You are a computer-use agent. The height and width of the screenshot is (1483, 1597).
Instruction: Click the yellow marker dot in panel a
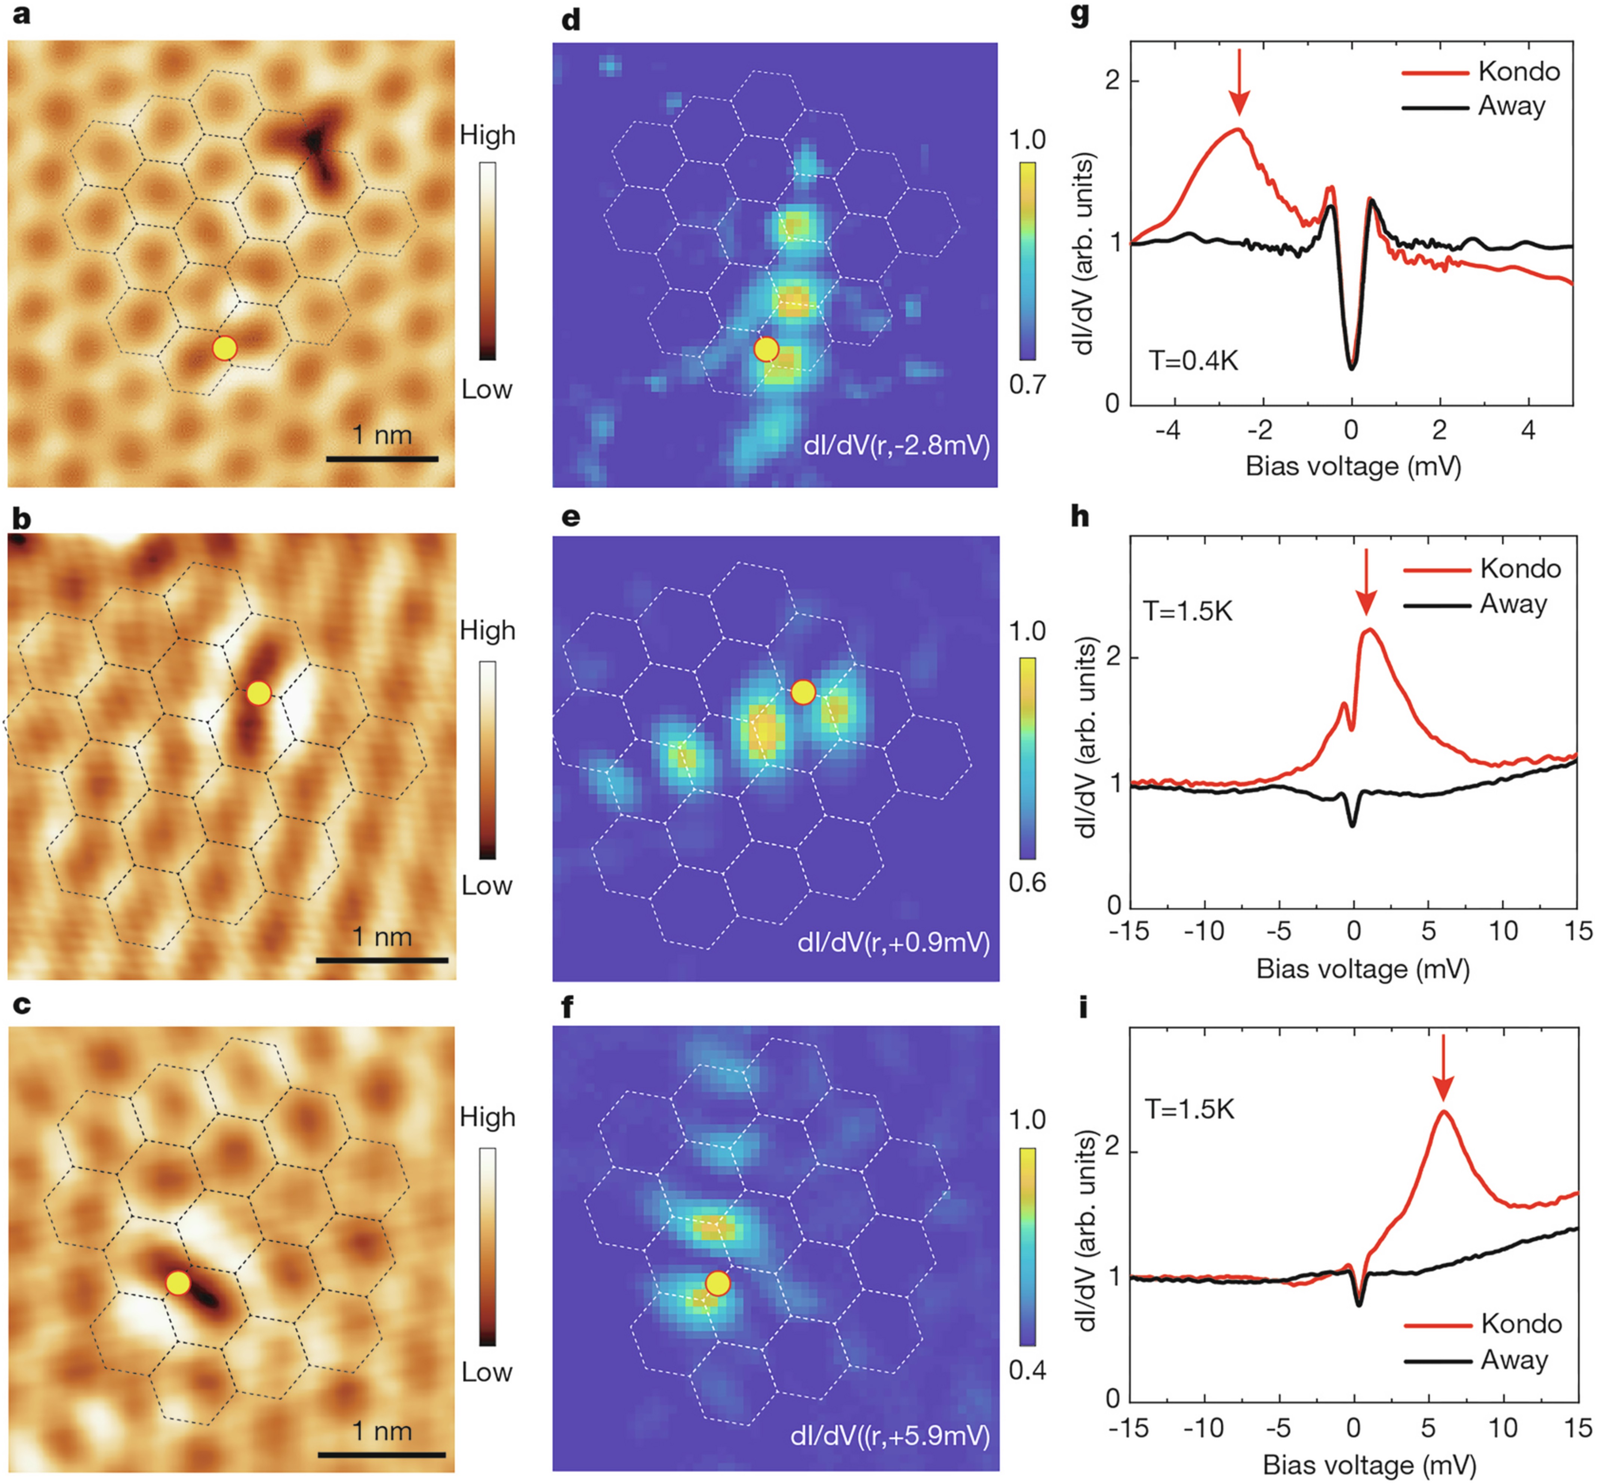[x=225, y=348]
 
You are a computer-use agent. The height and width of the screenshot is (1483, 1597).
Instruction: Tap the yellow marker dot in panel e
[x=803, y=692]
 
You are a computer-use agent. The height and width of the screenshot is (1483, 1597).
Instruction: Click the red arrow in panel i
[x=1443, y=1067]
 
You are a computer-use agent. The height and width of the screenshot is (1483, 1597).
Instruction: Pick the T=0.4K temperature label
[x=1193, y=361]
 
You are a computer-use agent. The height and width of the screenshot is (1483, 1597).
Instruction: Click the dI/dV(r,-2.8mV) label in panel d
[x=896, y=445]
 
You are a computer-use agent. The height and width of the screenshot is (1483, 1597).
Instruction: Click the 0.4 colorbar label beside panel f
[x=1027, y=1371]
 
